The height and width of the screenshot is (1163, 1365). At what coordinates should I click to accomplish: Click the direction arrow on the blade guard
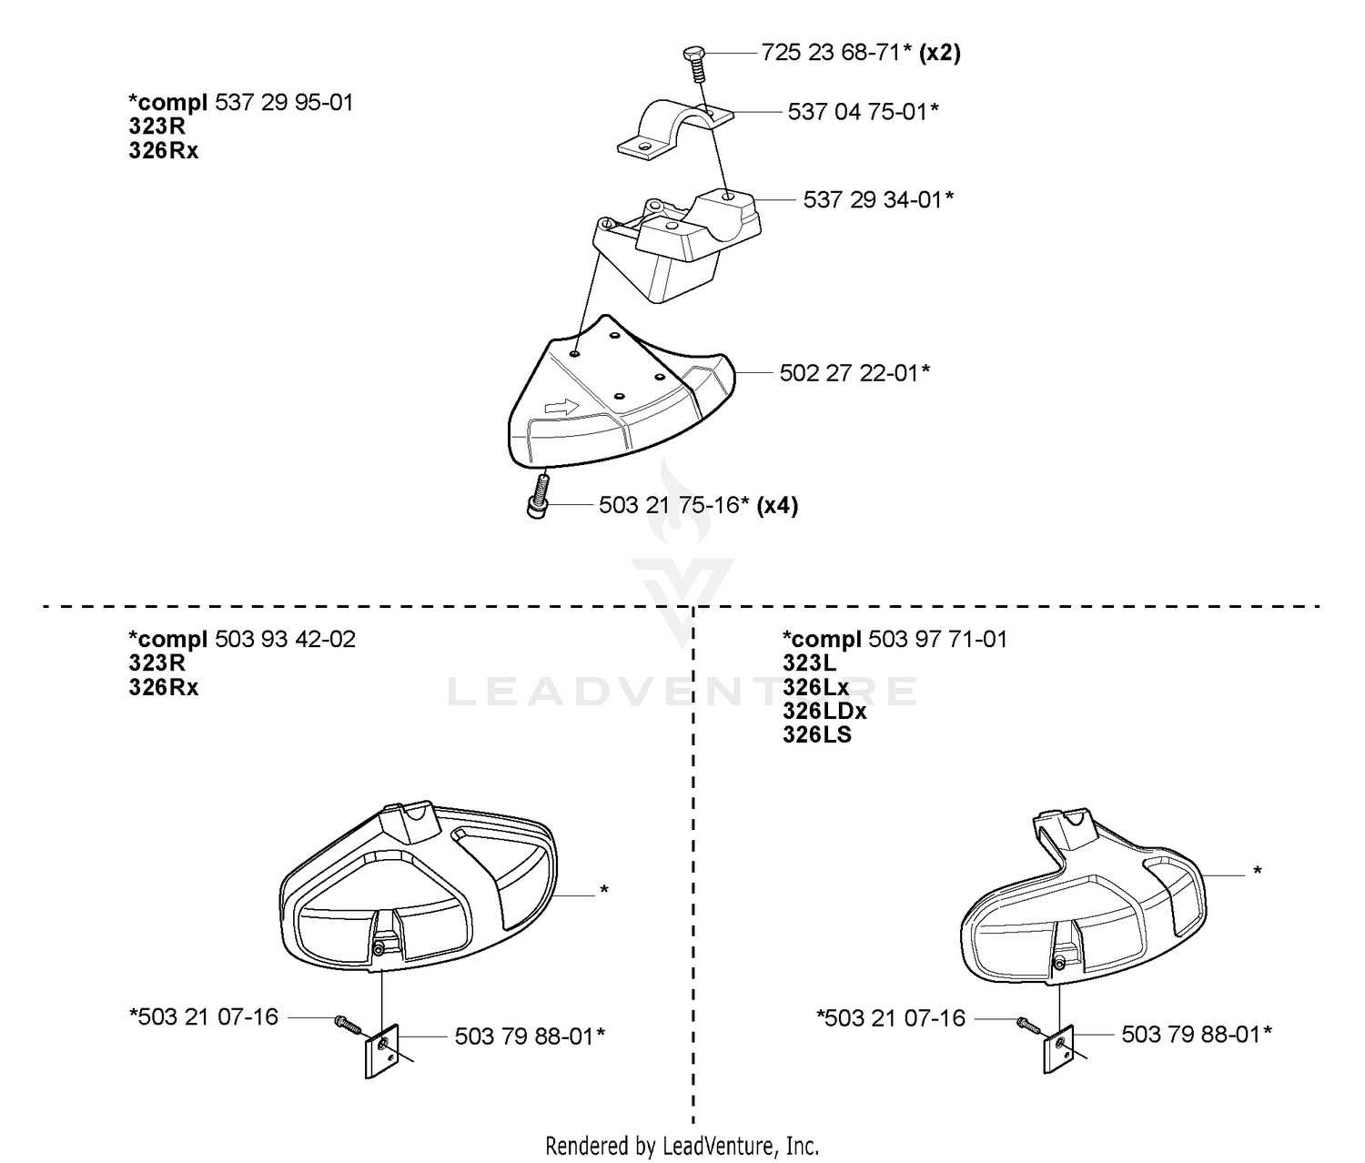561,407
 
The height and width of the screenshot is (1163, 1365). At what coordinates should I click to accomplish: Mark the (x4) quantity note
777,505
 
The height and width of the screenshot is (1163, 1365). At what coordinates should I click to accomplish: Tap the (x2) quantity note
940,52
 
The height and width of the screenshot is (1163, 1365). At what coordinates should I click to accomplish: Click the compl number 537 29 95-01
285,102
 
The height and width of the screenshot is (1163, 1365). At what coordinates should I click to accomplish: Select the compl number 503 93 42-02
285,640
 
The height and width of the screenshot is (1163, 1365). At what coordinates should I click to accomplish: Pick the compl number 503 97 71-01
937,640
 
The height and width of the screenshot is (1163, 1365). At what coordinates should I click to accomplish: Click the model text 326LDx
824,712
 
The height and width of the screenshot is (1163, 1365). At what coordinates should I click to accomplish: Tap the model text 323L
810,663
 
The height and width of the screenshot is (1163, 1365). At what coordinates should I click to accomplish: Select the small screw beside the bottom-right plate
1027,1025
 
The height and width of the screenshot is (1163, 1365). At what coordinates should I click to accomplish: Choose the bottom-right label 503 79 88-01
1197,1035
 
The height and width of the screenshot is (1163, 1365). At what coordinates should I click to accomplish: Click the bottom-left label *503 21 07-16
204,1017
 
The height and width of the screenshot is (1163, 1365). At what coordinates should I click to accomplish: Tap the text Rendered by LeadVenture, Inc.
682,1146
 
